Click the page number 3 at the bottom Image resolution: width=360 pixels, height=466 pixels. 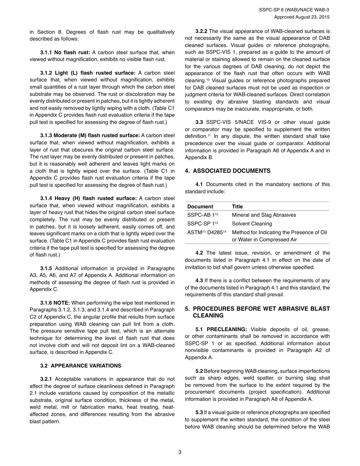180,452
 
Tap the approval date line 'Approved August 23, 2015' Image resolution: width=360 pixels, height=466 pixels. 302,17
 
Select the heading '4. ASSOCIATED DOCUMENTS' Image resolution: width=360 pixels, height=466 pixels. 228,171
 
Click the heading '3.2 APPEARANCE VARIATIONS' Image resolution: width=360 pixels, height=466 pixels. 81,366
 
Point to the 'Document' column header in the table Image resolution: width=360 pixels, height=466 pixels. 200,206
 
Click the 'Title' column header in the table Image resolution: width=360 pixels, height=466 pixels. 237,206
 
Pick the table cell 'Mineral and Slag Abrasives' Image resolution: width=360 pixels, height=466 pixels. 264,215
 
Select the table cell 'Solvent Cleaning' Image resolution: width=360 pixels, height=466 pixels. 252,224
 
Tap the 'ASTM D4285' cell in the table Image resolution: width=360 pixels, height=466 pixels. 207,232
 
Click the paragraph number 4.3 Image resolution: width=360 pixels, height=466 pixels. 199,281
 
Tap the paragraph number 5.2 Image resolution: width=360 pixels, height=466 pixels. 199,371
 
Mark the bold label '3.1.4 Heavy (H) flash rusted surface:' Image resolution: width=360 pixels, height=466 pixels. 88,198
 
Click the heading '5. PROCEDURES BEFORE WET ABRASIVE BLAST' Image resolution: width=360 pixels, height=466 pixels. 257,309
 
